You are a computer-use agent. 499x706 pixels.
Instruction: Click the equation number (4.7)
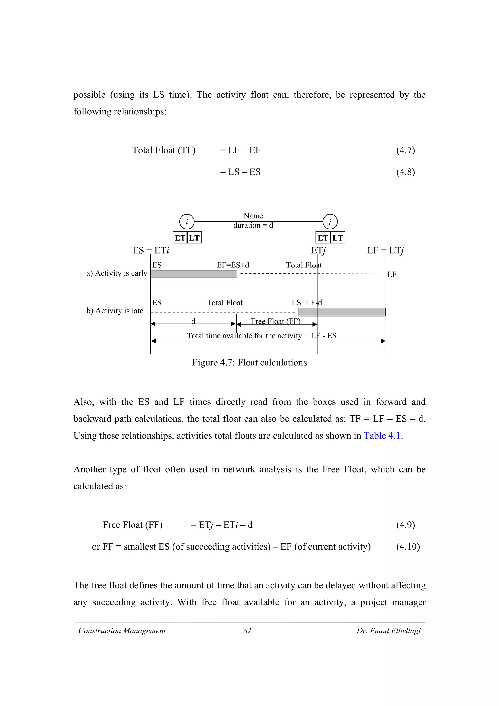405,150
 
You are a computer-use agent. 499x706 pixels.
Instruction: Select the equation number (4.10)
408,546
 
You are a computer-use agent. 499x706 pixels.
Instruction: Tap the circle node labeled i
187,222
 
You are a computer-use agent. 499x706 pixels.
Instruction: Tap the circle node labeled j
330,222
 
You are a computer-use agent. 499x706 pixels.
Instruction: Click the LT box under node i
194,238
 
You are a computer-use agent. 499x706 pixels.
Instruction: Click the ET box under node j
323,238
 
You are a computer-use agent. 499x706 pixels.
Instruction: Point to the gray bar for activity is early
194,274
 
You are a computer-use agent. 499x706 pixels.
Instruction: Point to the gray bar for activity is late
342,312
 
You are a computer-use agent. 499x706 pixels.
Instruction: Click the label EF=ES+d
233,265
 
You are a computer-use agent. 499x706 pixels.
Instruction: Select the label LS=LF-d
307,303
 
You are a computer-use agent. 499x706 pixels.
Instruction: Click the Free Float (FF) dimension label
276,321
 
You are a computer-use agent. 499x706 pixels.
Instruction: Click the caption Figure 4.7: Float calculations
249,363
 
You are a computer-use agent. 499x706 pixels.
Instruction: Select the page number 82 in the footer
247,631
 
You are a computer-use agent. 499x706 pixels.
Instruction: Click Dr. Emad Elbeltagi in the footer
388,631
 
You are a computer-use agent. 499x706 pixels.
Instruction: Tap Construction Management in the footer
122,631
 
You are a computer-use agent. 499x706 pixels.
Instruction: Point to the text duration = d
253,225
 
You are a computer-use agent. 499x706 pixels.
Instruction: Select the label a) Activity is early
117,273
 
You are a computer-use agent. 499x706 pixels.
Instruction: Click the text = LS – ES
240,172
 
